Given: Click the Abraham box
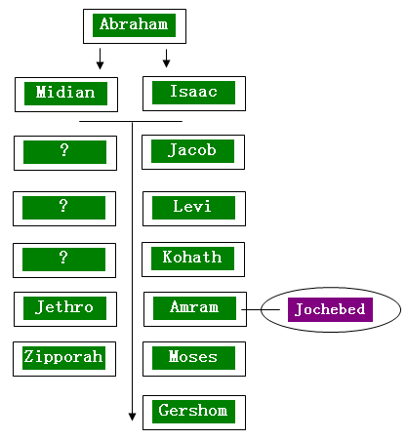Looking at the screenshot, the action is point(135,26).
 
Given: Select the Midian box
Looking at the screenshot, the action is point(66,95).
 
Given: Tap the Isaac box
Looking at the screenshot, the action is point(194,94).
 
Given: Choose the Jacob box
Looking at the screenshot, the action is point(193,152).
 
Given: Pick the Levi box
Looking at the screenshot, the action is point(194,209).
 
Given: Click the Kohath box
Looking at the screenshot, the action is point(193,260).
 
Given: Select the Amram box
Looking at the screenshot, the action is point(195,309).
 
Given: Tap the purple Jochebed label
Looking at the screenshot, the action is point(330,309).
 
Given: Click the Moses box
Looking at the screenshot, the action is point(194,359).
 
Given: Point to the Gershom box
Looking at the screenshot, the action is point(194,413).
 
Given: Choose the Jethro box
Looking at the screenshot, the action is point(65,309).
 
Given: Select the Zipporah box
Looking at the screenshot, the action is point(64,359).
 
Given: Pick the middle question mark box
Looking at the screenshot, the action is point(64,209).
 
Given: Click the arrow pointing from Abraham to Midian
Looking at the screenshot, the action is point(100,59).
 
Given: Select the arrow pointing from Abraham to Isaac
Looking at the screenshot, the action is point(166,59).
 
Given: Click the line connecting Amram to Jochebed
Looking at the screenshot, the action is point(261,309).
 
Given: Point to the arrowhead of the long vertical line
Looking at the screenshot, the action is point(132,417).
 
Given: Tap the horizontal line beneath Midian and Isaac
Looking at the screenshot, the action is point(131,121).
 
